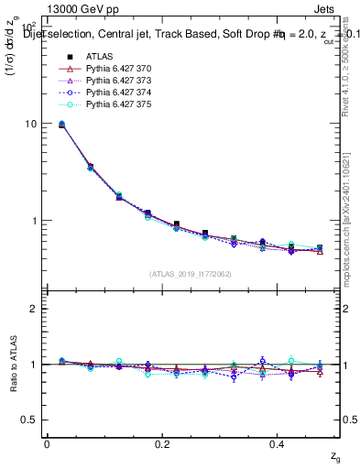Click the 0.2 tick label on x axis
[162, 443]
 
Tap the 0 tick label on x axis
[47, 443]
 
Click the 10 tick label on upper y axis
[30, 124]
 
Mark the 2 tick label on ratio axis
[33, 309]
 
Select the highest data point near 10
[61, 124]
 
